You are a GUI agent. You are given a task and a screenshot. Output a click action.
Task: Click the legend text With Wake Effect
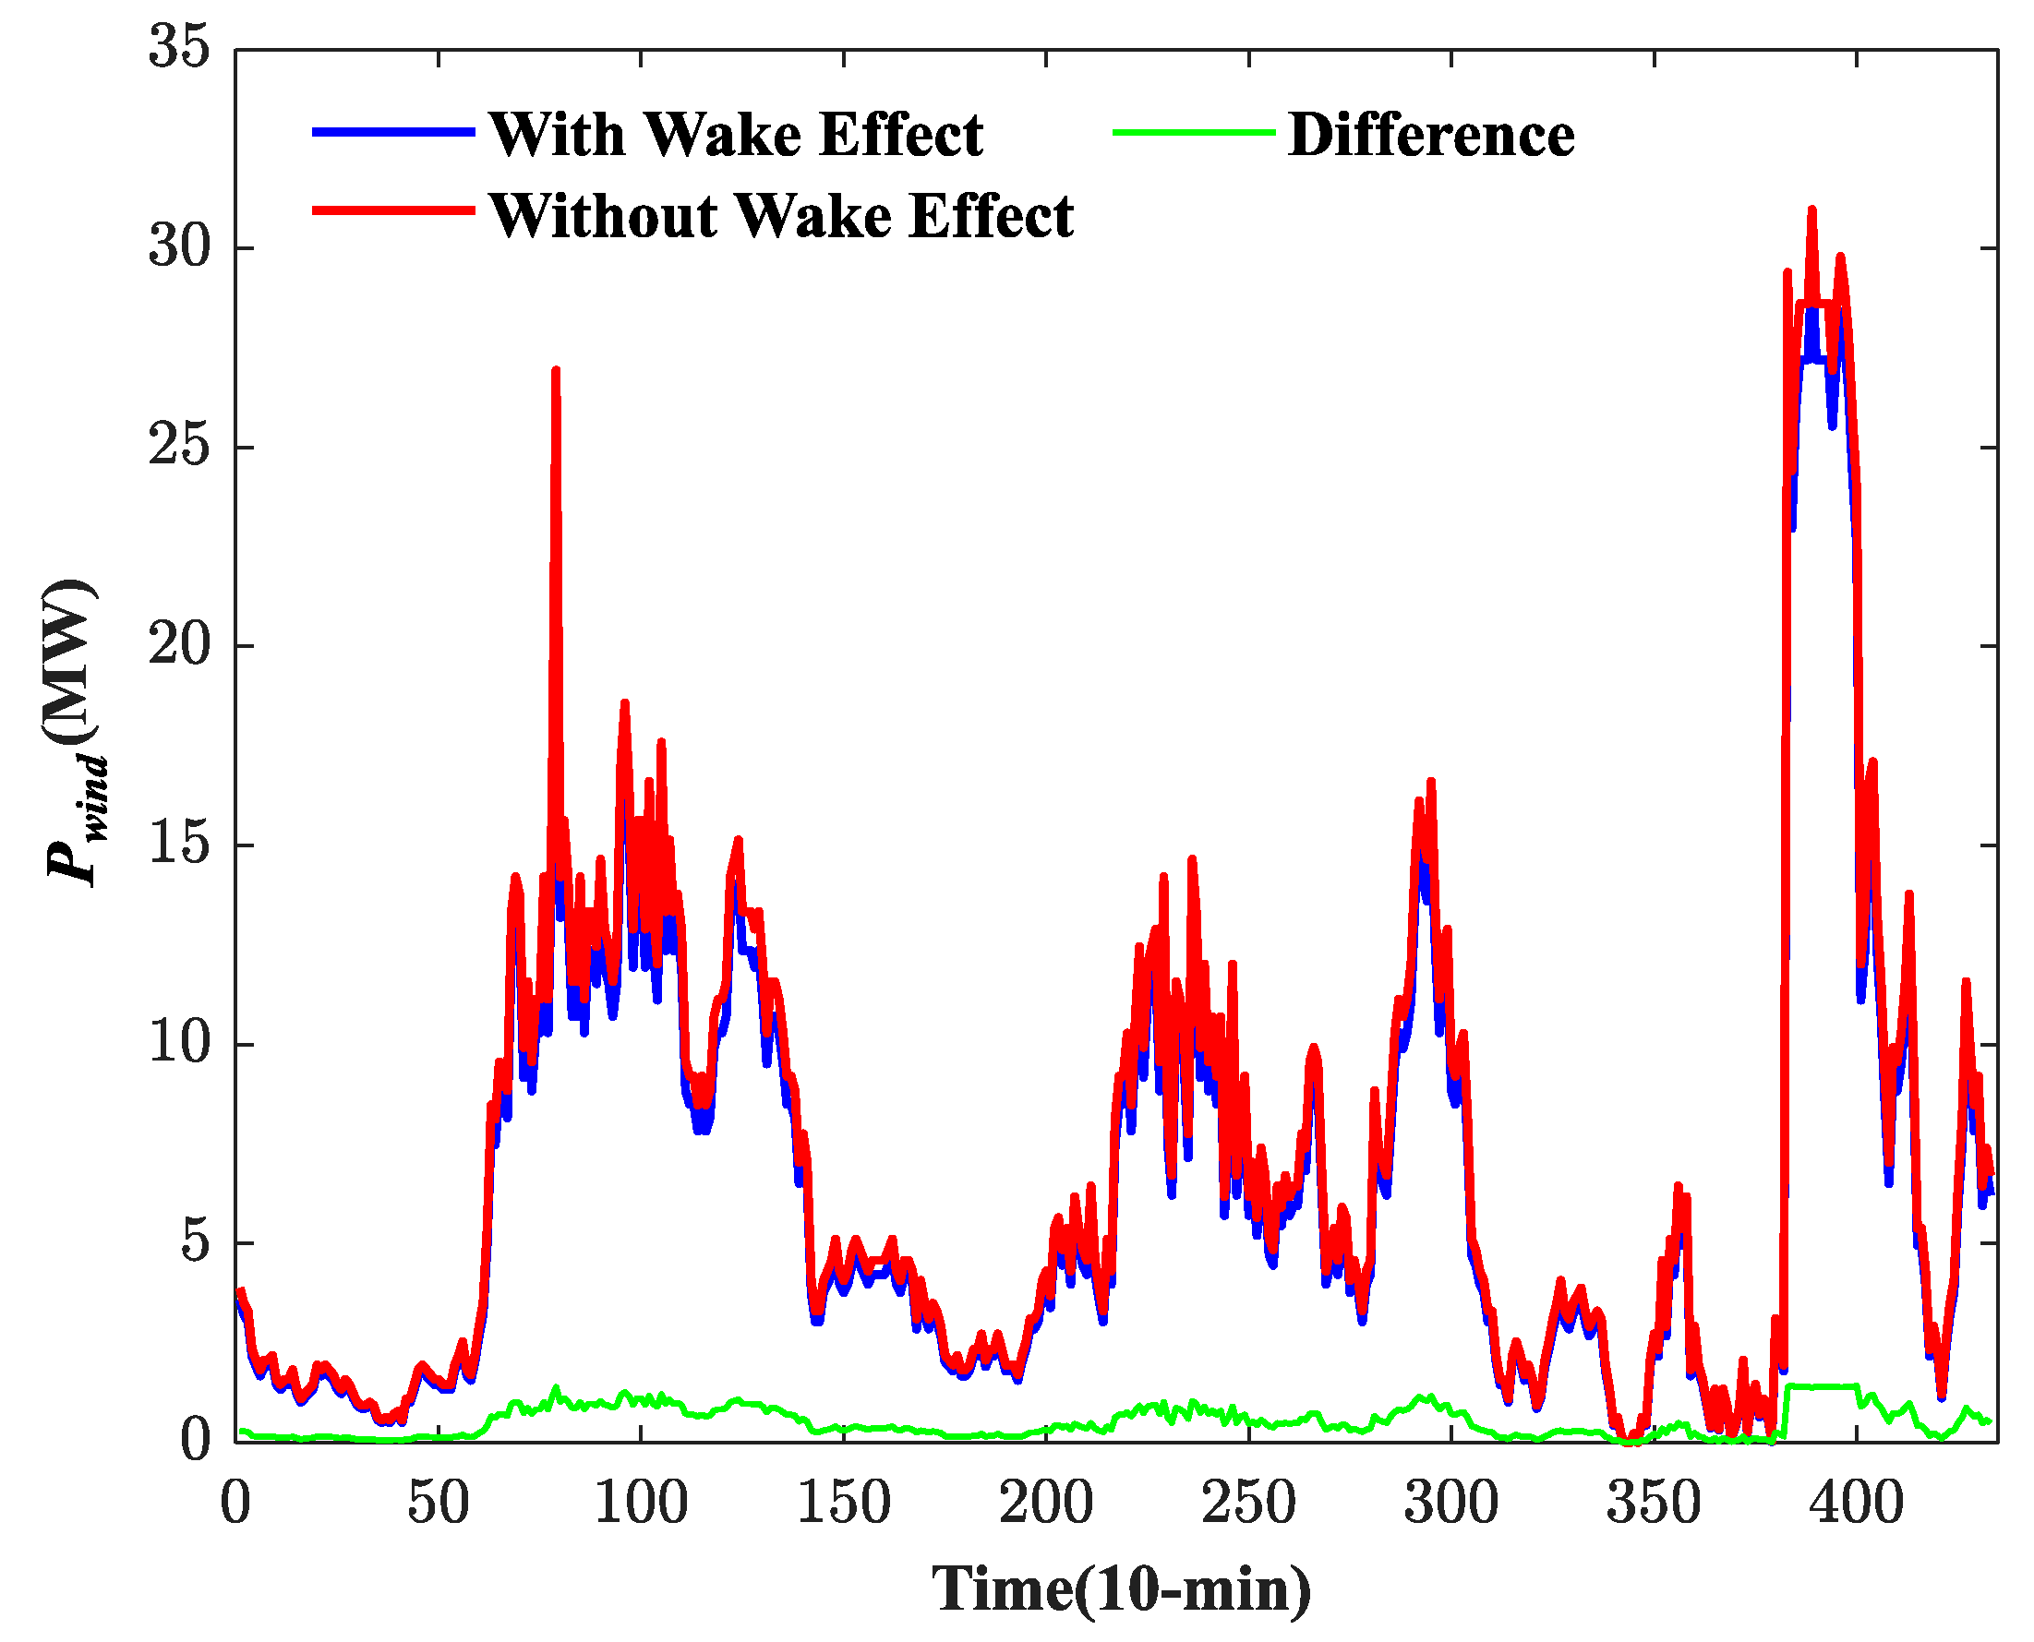[736, 135]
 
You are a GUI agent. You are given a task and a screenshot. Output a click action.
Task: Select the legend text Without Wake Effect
[781, 217]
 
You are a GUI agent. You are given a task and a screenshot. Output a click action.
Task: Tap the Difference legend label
[1430, 135]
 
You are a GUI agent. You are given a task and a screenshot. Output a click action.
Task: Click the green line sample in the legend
[1194, 132]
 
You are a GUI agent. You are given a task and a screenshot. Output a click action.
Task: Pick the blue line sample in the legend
[393, 132]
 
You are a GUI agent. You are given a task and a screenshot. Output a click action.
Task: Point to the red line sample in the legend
[393, 210]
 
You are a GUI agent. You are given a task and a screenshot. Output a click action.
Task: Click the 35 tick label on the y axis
[178, 47]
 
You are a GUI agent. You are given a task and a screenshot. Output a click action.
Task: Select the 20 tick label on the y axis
[178, 646]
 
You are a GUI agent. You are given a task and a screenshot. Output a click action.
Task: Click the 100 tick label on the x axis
[641, 1502]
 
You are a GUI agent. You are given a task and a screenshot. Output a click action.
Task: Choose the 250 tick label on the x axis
[1249, 1502]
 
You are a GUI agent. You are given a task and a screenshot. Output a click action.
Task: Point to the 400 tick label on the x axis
[1856, 1502]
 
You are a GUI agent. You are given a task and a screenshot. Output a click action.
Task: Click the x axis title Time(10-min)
[1122, 1589]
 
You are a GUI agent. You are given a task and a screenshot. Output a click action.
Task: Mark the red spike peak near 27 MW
[555, 371]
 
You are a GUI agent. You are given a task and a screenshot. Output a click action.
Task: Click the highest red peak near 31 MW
[1811, 210]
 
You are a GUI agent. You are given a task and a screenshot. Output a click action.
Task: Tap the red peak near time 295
[1431, 784]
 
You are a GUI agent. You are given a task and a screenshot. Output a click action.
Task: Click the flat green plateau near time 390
[1822, 1386]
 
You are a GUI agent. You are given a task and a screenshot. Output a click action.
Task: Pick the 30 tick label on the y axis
[178, 247]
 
